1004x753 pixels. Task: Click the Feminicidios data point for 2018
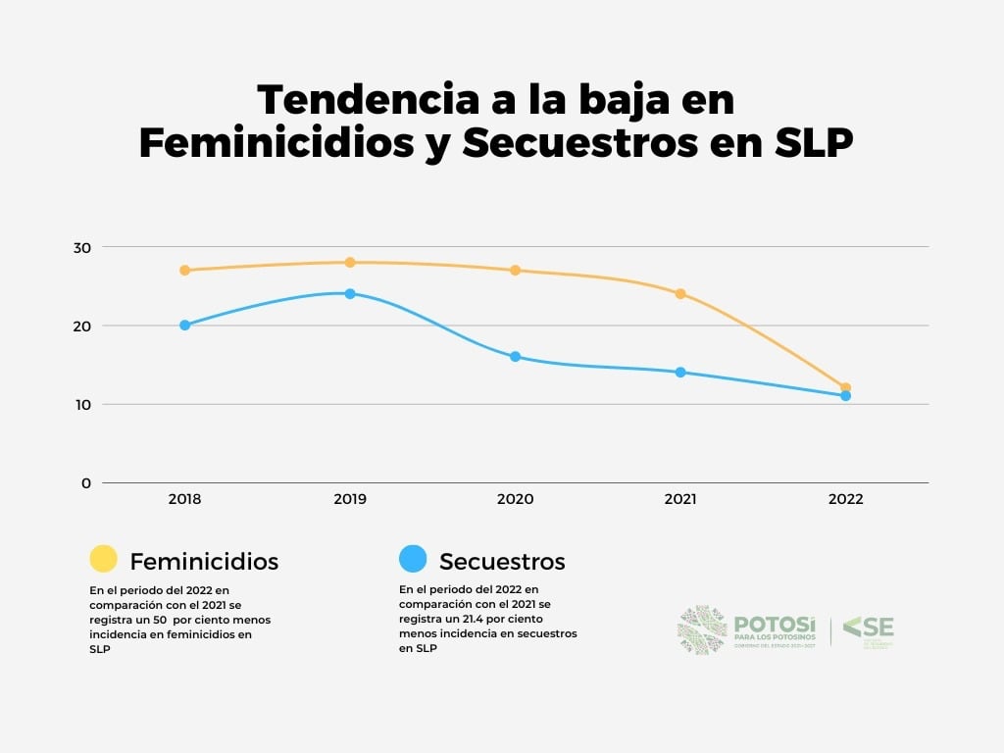[x=184, y=270]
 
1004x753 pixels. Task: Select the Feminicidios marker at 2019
[x=350, y=262]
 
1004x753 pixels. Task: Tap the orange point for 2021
[x=680, y=293]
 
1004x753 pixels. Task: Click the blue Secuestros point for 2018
[x=184, y=325]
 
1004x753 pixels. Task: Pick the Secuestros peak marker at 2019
[x=350, y=293]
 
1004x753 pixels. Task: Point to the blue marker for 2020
[x=515, y=357]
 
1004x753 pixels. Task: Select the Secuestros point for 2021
[x=680, y=373]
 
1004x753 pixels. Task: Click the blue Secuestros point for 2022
[x=845, y=396]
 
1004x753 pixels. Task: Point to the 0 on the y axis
[x=85, y=482]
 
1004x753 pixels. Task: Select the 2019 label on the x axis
[x=350, y=499]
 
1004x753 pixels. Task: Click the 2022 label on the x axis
[x=845, y=499]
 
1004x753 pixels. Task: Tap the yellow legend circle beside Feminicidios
[x=103, y=559]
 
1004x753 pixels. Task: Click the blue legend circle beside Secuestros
[x=413, y=559]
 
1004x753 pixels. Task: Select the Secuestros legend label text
[x=502, y=562]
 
